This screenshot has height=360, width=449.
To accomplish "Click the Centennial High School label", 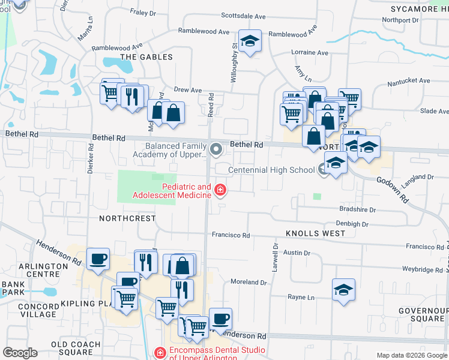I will click(271, 170).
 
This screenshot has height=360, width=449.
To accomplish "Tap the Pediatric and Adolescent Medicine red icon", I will click(220, 191).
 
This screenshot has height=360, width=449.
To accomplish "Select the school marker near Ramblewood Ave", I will click(250, 41).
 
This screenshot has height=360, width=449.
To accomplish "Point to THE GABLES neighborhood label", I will click(146, 57).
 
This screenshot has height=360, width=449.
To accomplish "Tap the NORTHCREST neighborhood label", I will click(127, 219).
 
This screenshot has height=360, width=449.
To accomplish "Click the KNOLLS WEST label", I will click(315, 233).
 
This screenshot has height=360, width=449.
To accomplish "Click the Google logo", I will click(20, 353).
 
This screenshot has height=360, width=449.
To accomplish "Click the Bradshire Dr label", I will click(357, 210).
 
